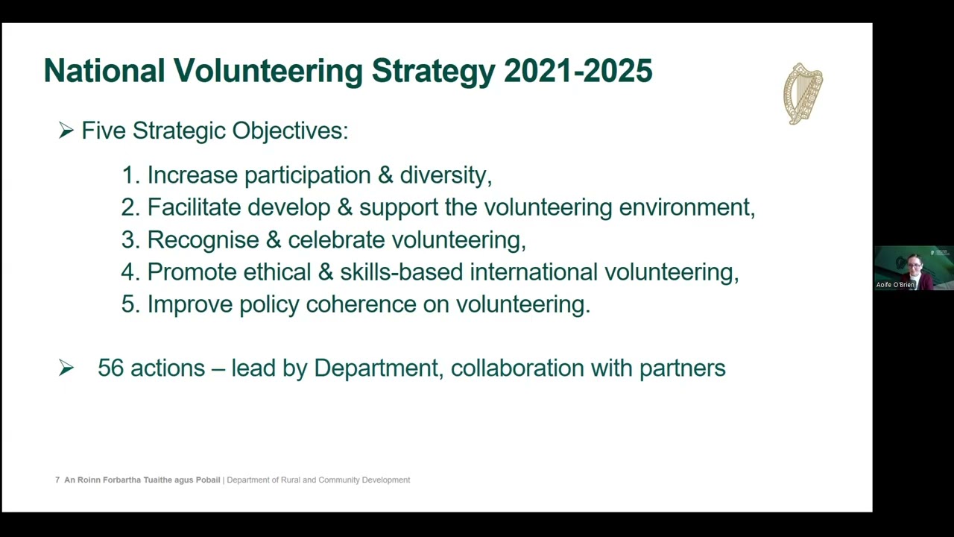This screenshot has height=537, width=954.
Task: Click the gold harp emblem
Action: point(803,93)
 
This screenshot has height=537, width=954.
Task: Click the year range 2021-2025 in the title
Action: point(578,71)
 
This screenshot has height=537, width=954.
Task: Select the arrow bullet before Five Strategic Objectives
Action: point(66,131)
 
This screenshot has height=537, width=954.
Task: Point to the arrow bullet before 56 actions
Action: point(66,368)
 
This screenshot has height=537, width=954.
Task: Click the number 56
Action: point(110,368)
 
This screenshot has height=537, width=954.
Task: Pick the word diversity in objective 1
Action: point(445,175)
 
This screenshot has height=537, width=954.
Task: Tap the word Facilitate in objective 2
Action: point(194,207)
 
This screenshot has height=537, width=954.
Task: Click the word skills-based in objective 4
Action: point(401,272)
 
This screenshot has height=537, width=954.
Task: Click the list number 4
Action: point(129,272)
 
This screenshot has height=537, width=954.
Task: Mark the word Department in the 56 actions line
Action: point(376,368)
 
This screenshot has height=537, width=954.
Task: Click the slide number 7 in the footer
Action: point(57,480)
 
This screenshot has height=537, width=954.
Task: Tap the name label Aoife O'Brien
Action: point(895,285)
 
